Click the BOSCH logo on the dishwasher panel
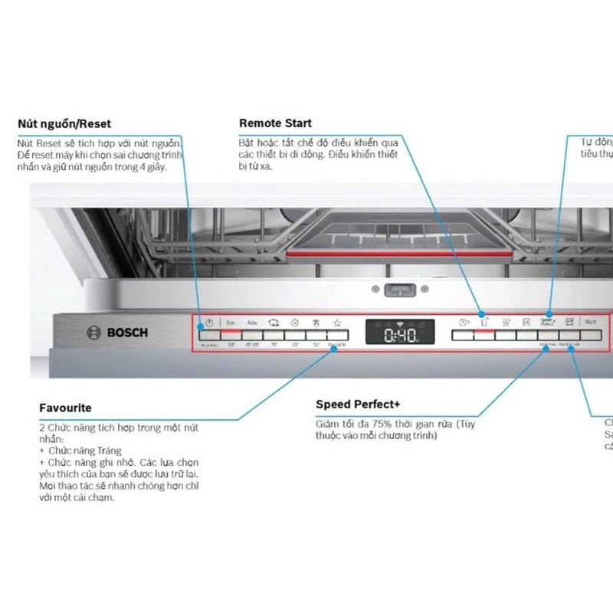(117, 333)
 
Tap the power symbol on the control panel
(208, 323)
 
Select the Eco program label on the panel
(230, 323)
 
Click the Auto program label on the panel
(251, 323)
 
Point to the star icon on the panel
(336, 323)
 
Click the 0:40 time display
(399, 335)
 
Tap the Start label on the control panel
(590, 323)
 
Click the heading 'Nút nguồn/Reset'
(64, 124)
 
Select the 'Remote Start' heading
(276, 123)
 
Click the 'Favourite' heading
(65, 408)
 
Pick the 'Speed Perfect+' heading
(358, 405)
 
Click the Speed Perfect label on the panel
(547, 323)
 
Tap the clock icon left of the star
(293, 323)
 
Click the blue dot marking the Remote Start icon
(483, 313)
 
